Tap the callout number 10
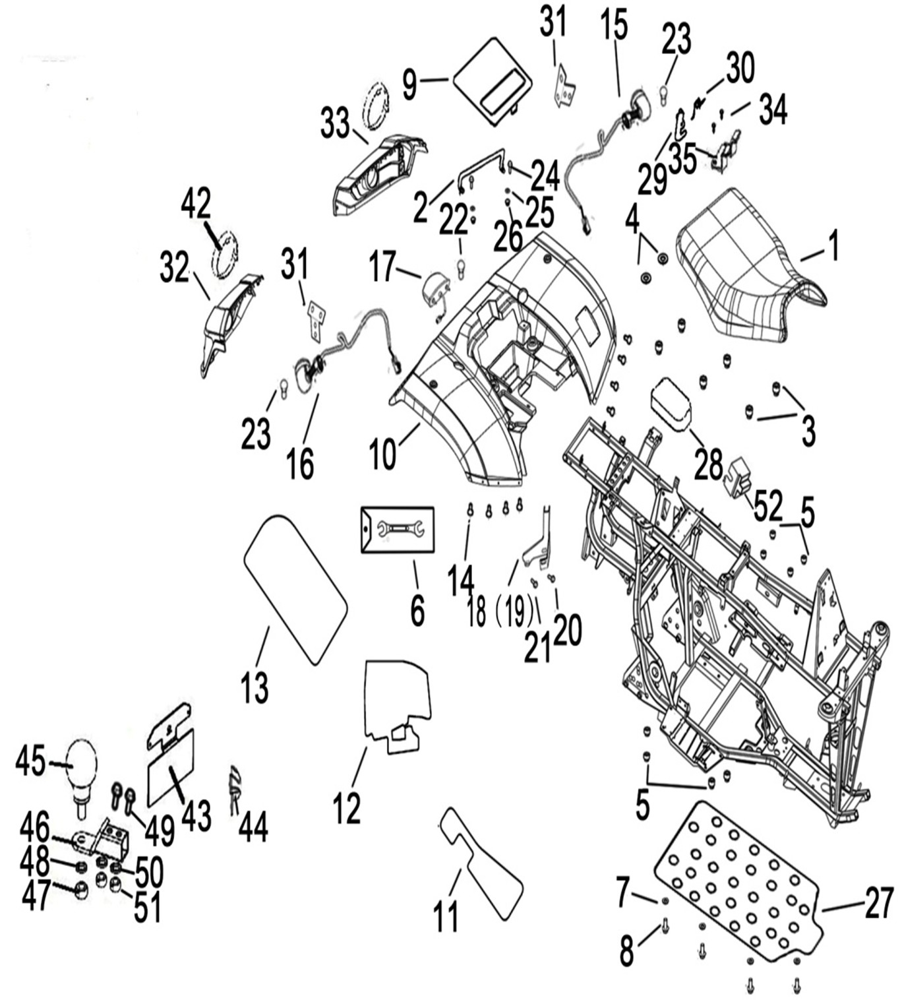(x=382, y=454)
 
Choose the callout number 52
(x=768, y=507)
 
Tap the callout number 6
(x=417, y=610)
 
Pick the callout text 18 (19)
(x=500, y=612)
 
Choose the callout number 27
(x=878, y=902)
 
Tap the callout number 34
(x=773, y=109)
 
